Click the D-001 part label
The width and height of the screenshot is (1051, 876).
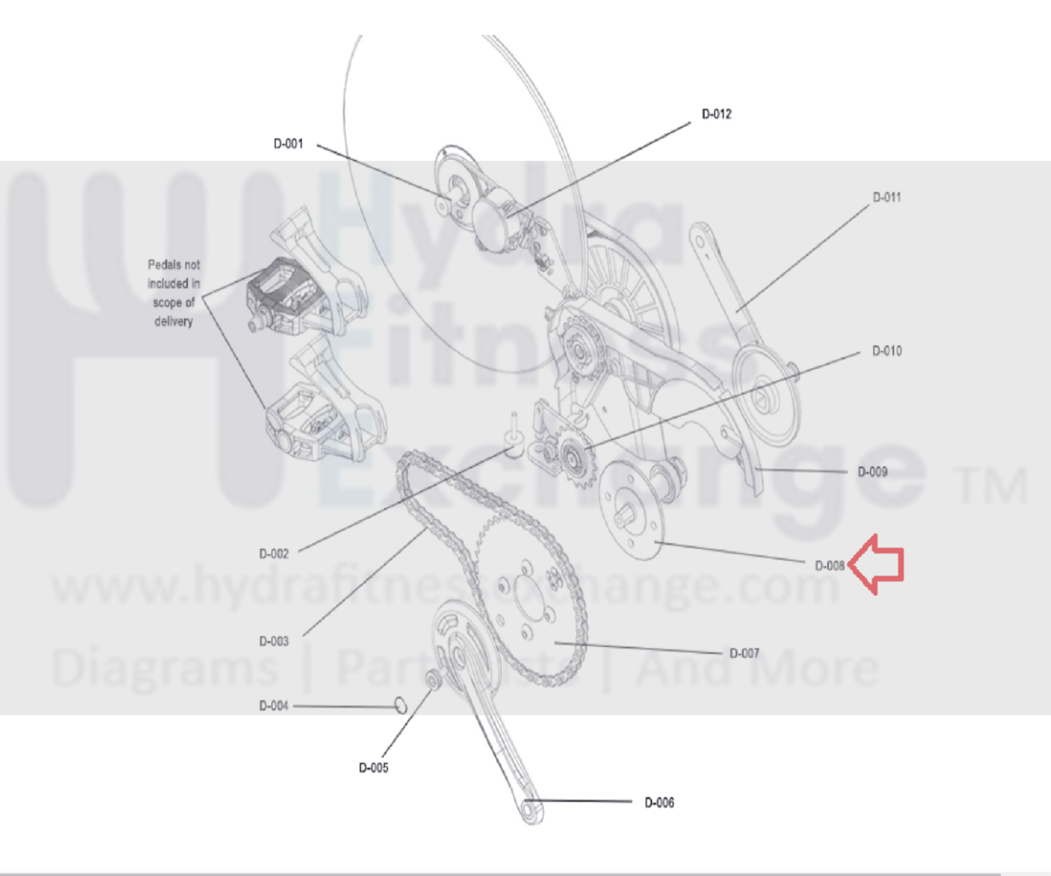coord(288,144)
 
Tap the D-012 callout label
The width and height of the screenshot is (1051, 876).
coord(717,114)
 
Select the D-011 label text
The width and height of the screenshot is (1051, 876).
coord(887,198)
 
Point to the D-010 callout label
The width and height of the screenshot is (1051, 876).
coord(887,351)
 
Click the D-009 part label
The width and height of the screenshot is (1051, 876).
coord(873,472)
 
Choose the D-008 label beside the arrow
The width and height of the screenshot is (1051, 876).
coord(829,566)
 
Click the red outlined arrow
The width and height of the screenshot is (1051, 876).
coord(876,565)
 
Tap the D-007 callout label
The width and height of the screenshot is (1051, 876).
coord(744,653)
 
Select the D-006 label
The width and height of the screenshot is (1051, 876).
coord(660,803)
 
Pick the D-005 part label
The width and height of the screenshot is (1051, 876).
coord(374,768)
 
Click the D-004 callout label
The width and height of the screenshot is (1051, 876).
coord(274,706)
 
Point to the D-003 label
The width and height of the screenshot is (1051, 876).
coord(274,642)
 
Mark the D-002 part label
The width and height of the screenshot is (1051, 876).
coord(274,554)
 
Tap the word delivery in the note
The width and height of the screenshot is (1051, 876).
coord(174,322)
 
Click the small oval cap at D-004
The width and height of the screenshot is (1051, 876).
coord(401,705)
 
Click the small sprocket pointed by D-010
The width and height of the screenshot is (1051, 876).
coord(572,458)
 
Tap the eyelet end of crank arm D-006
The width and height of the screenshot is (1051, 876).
coord(530,811)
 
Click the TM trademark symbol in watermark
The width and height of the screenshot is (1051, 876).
coord(990,485)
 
